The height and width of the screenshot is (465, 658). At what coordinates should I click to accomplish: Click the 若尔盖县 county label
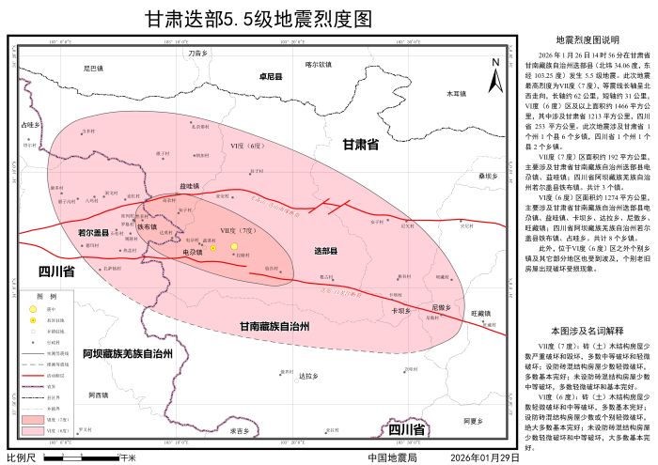point(94,230)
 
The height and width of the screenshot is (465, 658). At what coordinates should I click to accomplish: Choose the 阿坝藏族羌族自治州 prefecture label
point(127,354)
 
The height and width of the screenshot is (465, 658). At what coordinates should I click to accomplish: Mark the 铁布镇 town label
point(147,226)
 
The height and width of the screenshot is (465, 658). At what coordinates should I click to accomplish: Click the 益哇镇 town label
point(189,186)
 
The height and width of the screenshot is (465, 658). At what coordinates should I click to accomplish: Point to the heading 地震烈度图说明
point(587,40)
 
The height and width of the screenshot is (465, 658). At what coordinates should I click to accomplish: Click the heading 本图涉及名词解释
point(587,331)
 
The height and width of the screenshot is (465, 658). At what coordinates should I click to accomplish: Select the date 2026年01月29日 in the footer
point(485,457)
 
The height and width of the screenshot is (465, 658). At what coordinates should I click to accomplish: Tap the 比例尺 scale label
point(21,457)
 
